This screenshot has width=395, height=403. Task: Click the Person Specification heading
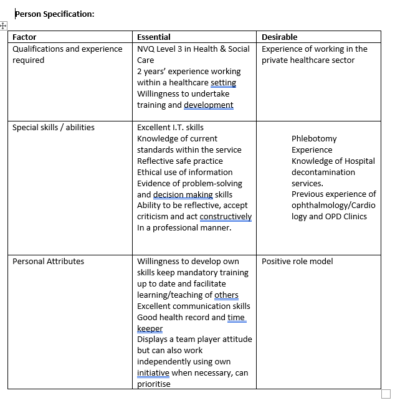pyautogui.click(x=55, y=13)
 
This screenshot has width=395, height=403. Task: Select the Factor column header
pyautogui.click(x=24, y=37)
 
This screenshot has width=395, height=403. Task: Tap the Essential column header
pyautogui.click(x=153, y=37)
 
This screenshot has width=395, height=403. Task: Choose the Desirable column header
pyautogui.click(x=279, y=37)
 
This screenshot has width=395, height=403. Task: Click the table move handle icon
pyautogui.click(x=3, y=26)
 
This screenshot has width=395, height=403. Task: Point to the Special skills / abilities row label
pyautogui.click(x=54, y=128)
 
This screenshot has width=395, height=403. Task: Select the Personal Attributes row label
pyautogui.click(x=48, y=262)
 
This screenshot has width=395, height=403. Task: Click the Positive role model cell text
pyautogui.click(x=297, y=262)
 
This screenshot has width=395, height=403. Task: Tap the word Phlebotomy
pyautogui.click(x=314, y=139)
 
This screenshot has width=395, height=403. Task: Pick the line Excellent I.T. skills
pyautogui.click(x=170, y=128)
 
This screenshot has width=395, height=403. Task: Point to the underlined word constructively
pyautogui.click(x=226, y=217)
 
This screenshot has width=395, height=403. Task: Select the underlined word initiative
pyautogui.click(x=153, y=373)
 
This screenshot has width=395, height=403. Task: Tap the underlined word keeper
pyautogui.click(x=150, y=329)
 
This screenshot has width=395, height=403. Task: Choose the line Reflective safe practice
pyautogui.click(x=179, y=161)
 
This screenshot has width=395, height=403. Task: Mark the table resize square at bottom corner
pyautogui.click(x=386, y=394)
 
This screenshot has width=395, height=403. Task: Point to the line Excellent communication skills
pyautogui.click(x=193, y=306)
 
